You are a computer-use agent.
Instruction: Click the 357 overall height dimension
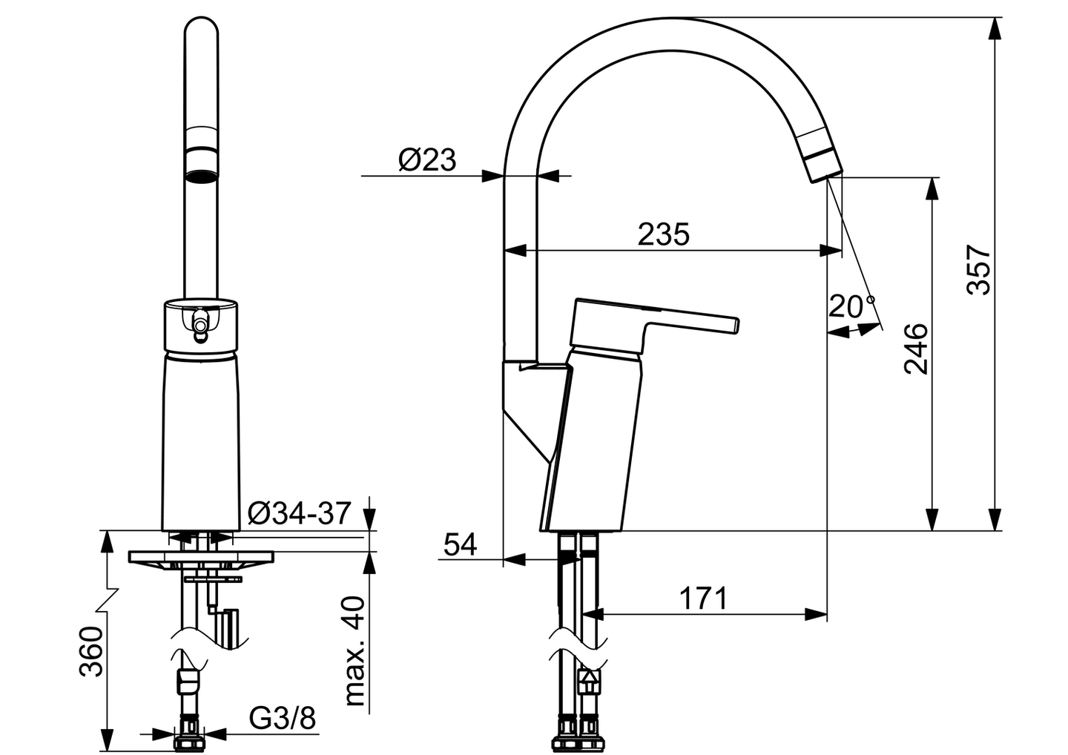(x=980, y=268)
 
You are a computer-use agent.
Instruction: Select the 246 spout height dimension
(x=917, y=349)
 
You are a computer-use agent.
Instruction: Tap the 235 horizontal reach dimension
(x=664, y=234)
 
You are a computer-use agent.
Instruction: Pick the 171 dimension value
(x=704, y=598)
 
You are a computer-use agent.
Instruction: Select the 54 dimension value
(x=461, y=545)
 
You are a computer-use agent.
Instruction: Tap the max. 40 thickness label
(x=357, y=650)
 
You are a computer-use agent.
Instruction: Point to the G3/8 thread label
(x=282, y=718)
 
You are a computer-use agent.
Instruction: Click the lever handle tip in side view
(x=734, y=323)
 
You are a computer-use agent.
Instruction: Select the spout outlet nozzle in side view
(x=823, y=162)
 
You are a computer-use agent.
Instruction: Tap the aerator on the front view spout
(x=201, y=165)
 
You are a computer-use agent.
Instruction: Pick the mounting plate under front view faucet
(x=201, y=556)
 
